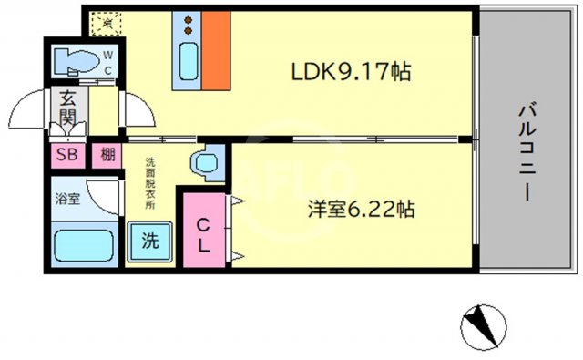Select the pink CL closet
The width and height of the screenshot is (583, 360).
pyautogui.click(x=204, y=232)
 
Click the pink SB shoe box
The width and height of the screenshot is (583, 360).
pyautogui.click(x=67, y=153)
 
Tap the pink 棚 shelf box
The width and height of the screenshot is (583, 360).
pyautogui.click(x=108, y=153)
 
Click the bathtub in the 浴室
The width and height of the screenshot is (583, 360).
pyautogui.click(x=81, y=247)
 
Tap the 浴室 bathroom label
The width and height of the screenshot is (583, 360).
pyautogui.click(x=66, y=198)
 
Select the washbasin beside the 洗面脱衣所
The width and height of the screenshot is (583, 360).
pyautogui.click(x=205, y=162)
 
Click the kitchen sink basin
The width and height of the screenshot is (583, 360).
pyautogui.click(x=189, y=63)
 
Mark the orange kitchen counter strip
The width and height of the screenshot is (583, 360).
pyautogui.click(x=215, y=52)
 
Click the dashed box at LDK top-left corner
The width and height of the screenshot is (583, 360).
pyautogui.click(x=107, y=21)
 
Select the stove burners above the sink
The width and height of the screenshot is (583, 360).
pyautogui.click(x=189, y=23)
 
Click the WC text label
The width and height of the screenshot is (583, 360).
pyautogui.click(x=107, y=63)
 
